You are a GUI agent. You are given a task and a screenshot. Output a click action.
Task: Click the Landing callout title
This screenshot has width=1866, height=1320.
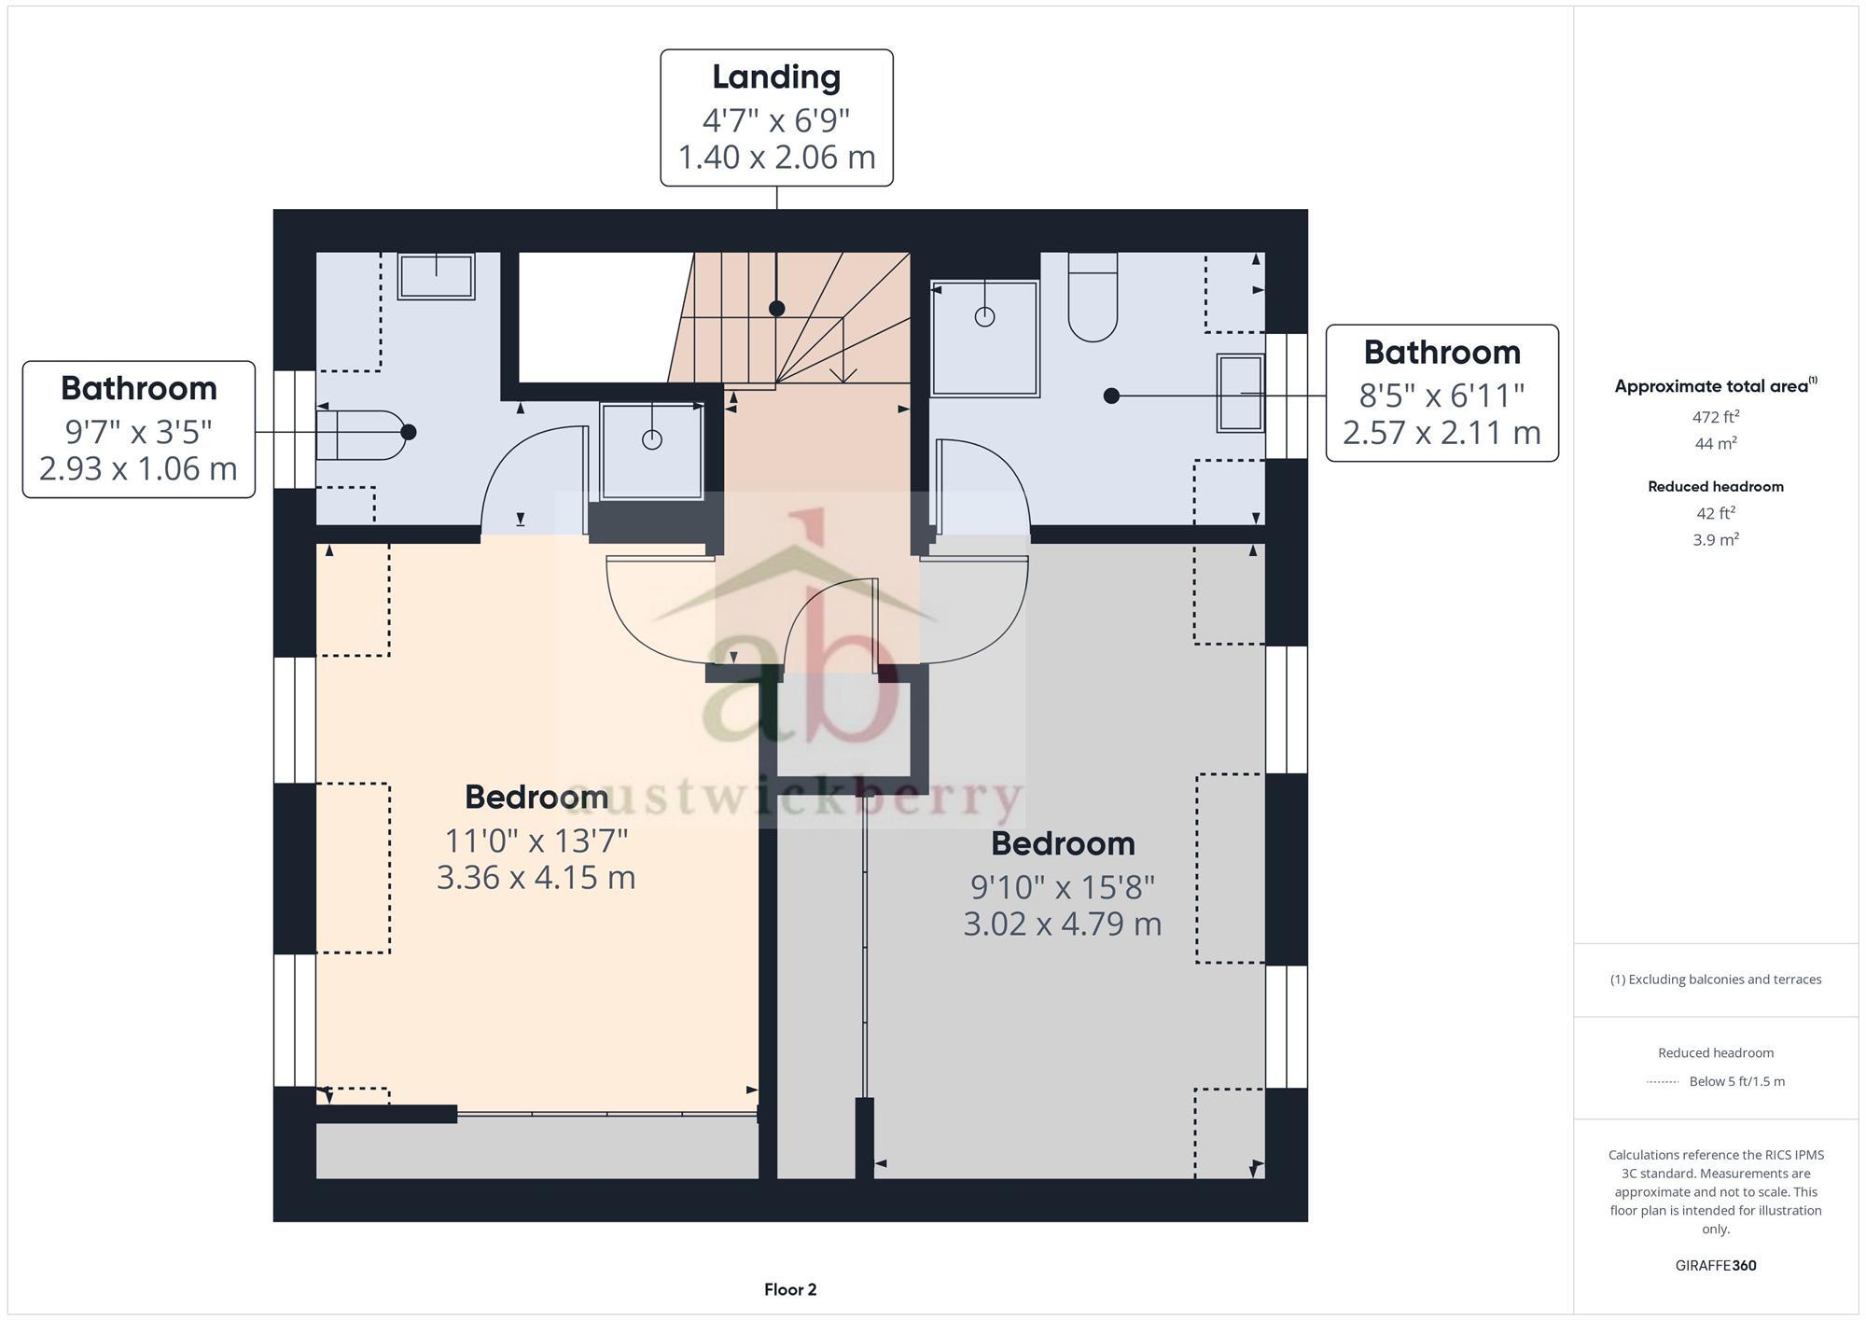click(776, 77)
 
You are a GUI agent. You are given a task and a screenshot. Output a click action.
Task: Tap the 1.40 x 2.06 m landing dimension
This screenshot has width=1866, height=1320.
click(776, 157)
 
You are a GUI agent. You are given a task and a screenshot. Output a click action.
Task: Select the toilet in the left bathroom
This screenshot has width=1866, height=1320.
click(359, 435)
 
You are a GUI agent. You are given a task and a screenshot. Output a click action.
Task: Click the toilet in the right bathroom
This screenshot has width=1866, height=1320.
click(1093, 297)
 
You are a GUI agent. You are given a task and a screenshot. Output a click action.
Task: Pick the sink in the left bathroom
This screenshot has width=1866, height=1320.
click(436, 276)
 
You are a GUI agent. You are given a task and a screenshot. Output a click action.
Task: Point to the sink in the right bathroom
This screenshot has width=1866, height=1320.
click(1240, 393)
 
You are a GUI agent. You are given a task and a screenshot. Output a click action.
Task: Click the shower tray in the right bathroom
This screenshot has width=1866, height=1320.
click(984, 339)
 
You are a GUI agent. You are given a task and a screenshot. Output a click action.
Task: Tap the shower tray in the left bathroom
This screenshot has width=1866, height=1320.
click(651, 451)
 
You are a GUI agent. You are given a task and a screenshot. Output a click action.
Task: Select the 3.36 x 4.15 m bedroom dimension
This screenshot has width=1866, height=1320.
click(536, 878)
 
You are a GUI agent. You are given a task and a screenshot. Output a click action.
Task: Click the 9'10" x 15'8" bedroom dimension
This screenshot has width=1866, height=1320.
click(1063, 887)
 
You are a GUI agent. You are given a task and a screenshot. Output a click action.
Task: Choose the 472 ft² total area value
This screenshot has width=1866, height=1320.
click(1715, 417)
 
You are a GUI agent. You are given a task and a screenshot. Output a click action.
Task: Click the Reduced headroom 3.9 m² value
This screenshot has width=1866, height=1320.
click(1715, 540)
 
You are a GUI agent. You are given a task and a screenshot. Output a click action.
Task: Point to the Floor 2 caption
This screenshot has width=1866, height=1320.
click(789, 1290)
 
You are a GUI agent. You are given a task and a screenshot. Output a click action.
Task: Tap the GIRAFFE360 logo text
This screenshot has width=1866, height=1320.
click(1715, 1266)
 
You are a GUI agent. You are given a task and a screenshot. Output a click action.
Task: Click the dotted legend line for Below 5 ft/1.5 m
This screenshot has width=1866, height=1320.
click(1663, 1082)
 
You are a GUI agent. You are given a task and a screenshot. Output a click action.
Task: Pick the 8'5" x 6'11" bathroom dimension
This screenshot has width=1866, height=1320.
click(1441, 396)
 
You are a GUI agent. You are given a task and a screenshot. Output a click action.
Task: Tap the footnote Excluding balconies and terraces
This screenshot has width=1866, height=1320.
click(1715, 980)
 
